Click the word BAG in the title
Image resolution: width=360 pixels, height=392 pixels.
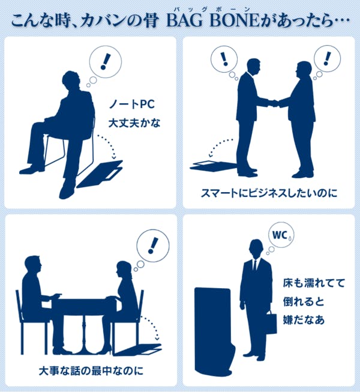coord(185,20)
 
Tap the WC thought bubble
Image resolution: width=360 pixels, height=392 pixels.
coord(281,235)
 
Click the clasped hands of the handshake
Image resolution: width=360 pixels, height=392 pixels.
coord(273,103)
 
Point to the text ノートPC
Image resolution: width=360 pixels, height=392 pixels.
coord(132,104)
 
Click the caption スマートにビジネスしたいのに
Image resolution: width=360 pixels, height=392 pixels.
coord(269,193)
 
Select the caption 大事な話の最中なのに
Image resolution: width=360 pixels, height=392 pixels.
coord(91,370)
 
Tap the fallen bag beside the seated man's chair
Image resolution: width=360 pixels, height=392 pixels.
coord(100,174)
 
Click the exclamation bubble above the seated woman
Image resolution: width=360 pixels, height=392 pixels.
coord(153,246)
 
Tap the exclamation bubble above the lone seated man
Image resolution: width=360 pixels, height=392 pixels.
coord(106,62)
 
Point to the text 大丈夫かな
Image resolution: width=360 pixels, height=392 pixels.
coord(134,123)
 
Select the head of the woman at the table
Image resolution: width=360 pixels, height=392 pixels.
coord(124,270)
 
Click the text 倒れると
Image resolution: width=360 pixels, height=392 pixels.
coord(304,301)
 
